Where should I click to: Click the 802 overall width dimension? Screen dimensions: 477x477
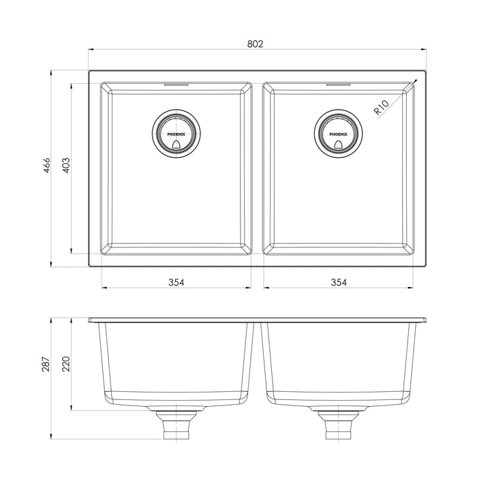coord(255,43)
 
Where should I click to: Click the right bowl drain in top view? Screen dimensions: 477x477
coord(339,132)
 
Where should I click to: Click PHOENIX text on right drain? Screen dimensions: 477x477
coord(339,134)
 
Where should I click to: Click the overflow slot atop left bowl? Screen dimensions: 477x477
coord(176,84)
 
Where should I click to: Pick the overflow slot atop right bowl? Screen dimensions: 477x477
coord(339,84)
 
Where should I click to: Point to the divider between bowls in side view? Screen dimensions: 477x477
coord(258,361)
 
